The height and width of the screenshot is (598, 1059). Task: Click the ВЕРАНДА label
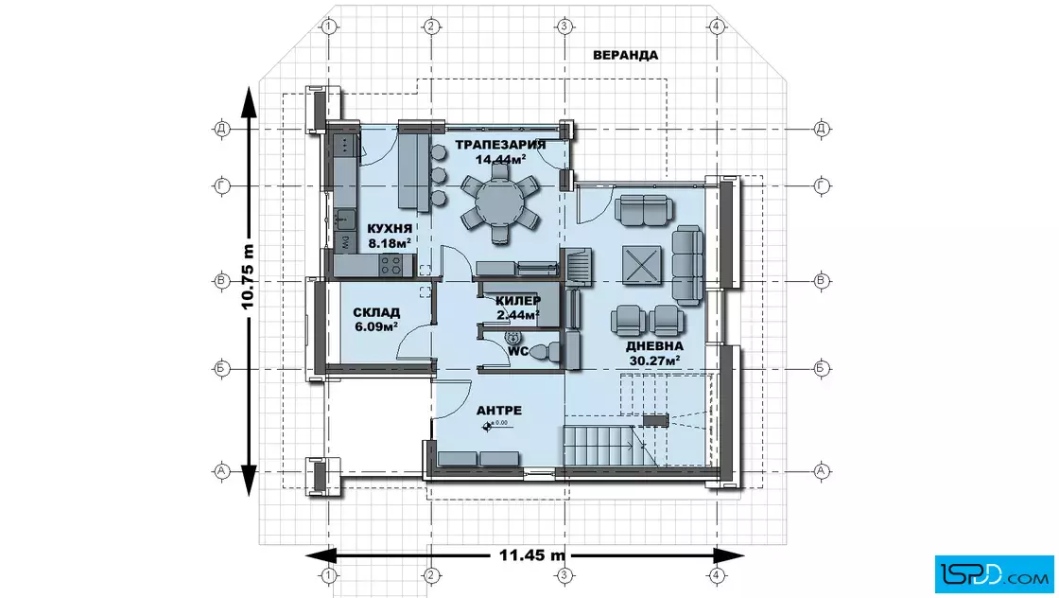click(x=625, y=56)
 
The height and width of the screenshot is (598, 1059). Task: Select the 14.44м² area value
click(x=500, y=160)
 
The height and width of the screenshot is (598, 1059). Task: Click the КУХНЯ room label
click(x=390, y=228)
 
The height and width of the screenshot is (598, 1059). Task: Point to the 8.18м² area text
click(x=390, y=243)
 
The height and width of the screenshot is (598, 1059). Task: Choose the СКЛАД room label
click(x=376, y=312)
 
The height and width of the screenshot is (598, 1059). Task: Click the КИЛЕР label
click(x=518, y=301)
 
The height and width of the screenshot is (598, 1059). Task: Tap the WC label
click(x=518, y=351)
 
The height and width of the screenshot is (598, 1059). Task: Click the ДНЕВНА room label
click(x=654, y=346)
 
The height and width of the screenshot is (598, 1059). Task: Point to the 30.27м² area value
click(x=654, y=361)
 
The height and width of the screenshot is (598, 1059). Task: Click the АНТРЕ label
click(x=499, y=410)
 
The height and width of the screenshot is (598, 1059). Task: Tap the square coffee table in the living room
click(x=642, y=265)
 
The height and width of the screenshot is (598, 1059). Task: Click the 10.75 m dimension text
click(x=248, y=277)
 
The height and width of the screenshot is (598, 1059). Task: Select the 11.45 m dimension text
click(x=532, y=555)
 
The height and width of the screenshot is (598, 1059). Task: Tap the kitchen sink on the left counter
click(x=345, y=219)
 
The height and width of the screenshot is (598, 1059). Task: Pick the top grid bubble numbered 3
click(x=564, y=26)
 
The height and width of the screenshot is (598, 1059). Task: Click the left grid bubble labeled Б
click(x=221, y=369)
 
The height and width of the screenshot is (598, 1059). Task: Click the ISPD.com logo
click(x=994, y=573)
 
